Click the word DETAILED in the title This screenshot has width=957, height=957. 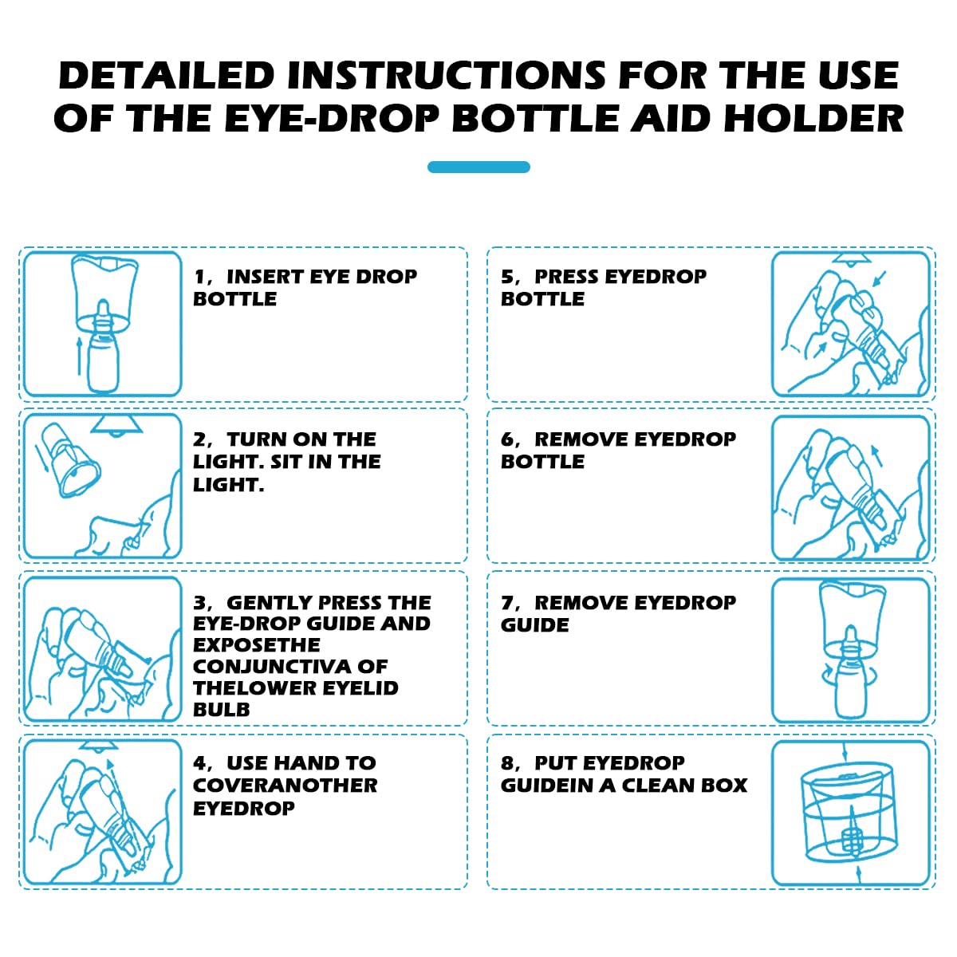click(167, 76)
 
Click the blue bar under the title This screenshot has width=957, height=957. click(478, 167)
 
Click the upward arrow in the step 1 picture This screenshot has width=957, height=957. click(79, 356)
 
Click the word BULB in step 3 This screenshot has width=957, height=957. click(221, 710)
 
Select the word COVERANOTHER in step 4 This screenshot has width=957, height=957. click(285, 786)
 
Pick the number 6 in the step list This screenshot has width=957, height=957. click(508, 439)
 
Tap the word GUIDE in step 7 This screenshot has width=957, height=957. click(535, 624)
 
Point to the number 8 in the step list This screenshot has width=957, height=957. click(508, 763)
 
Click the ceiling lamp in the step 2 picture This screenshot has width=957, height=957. click(116, 426)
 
